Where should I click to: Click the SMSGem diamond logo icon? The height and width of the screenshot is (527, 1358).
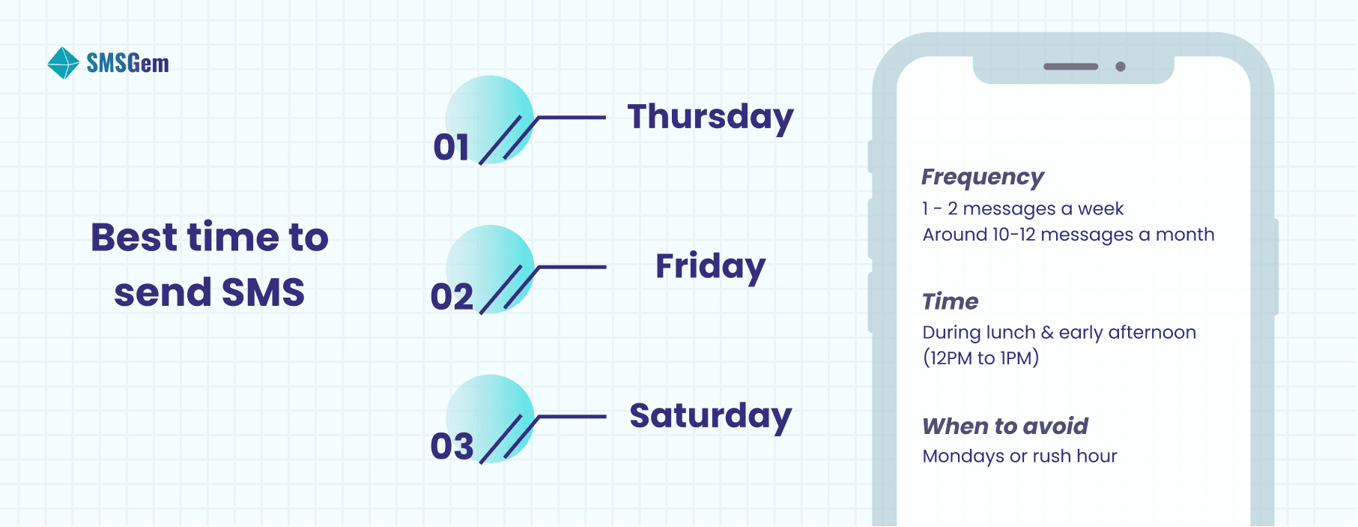pos(63,63)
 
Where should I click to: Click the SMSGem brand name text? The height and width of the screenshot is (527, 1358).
pos(127,63)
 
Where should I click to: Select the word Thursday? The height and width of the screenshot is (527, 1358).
pos(710,118)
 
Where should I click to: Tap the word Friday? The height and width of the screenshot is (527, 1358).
pos(710,267)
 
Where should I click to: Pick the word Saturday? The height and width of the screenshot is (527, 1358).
pos(710,416)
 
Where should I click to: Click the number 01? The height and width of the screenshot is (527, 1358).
pos(451,148)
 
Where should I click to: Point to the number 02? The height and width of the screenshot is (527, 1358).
pos(452,298)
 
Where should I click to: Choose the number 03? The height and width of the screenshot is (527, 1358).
pos(452,447)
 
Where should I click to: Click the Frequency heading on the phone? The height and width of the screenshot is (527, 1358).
pos(982,178)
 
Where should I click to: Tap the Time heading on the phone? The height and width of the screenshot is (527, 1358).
pos(950,301)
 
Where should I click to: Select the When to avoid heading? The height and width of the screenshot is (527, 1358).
pos(1004,427)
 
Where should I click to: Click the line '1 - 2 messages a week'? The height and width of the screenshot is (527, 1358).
pos(1022,209)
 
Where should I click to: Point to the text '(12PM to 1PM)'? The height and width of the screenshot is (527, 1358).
pos(980,358)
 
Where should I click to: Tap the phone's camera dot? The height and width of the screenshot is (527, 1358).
pos(1121,67)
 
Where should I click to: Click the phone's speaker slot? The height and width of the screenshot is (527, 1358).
pos(1070,67)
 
